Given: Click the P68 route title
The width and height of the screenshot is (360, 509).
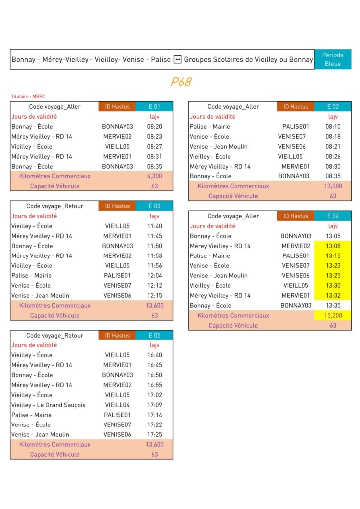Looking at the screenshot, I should [181, 82].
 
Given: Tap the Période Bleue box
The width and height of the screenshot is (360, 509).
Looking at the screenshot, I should [333, 59].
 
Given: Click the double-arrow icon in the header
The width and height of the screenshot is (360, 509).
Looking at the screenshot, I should [178, 60].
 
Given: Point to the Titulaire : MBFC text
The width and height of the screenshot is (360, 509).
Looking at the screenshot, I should [28, 96].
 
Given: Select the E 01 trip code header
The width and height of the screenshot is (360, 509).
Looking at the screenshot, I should [155, 106].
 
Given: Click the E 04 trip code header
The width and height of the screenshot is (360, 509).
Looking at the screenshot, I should [333, 216].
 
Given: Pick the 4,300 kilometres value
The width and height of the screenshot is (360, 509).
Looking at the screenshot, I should [155, 176].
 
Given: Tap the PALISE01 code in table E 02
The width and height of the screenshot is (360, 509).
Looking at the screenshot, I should [296, 126].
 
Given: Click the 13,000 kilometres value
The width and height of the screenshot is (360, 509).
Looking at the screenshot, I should [333, 186].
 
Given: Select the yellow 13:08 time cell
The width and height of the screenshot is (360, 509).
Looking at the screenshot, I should [333, 246].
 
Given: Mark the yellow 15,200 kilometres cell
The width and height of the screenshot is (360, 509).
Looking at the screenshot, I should [333, 315].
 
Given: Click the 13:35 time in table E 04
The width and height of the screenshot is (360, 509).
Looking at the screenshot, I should [333, 305].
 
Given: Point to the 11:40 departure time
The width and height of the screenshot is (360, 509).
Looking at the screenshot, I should [155, 226].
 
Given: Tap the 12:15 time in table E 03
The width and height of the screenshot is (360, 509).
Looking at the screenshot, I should [155, 295].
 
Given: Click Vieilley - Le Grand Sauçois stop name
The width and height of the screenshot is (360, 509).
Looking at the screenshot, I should [48, 405].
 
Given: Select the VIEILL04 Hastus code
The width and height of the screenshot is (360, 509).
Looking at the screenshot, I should [117, 405].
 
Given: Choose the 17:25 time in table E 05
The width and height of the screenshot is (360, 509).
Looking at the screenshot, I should [155, 434].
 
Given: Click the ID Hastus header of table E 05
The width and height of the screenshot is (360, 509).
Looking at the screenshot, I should [117, 335].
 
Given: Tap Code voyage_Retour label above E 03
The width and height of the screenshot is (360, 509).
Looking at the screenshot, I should [55, 206].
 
